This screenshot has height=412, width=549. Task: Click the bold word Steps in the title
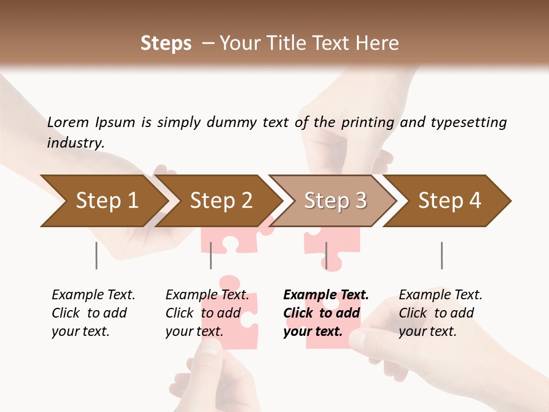pyautogui.click(x=166, y=43)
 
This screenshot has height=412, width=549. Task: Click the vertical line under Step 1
pyautogui.click(x=97, y=255)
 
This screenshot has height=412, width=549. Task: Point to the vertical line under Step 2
pyautogui.click(x=211, y=255)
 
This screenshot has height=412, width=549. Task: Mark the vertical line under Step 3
pyautogui.click(x=326, y=255)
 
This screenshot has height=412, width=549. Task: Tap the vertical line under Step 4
pyautogui.click(x=441, y=255)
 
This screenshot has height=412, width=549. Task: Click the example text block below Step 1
pyautogui.click(x=93, y=313)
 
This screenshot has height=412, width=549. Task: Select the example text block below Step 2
pyautogui.click(x=207, y=313)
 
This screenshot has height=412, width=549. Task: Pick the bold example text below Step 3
pyautogui.click(x=326, y=313)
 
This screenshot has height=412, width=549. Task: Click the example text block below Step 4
pyautogui.click(x=440, y=313)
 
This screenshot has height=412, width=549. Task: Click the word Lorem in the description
pyautogui.click(x=68, y=122)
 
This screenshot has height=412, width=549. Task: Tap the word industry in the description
pyautogui.click(x=75, y=143)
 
